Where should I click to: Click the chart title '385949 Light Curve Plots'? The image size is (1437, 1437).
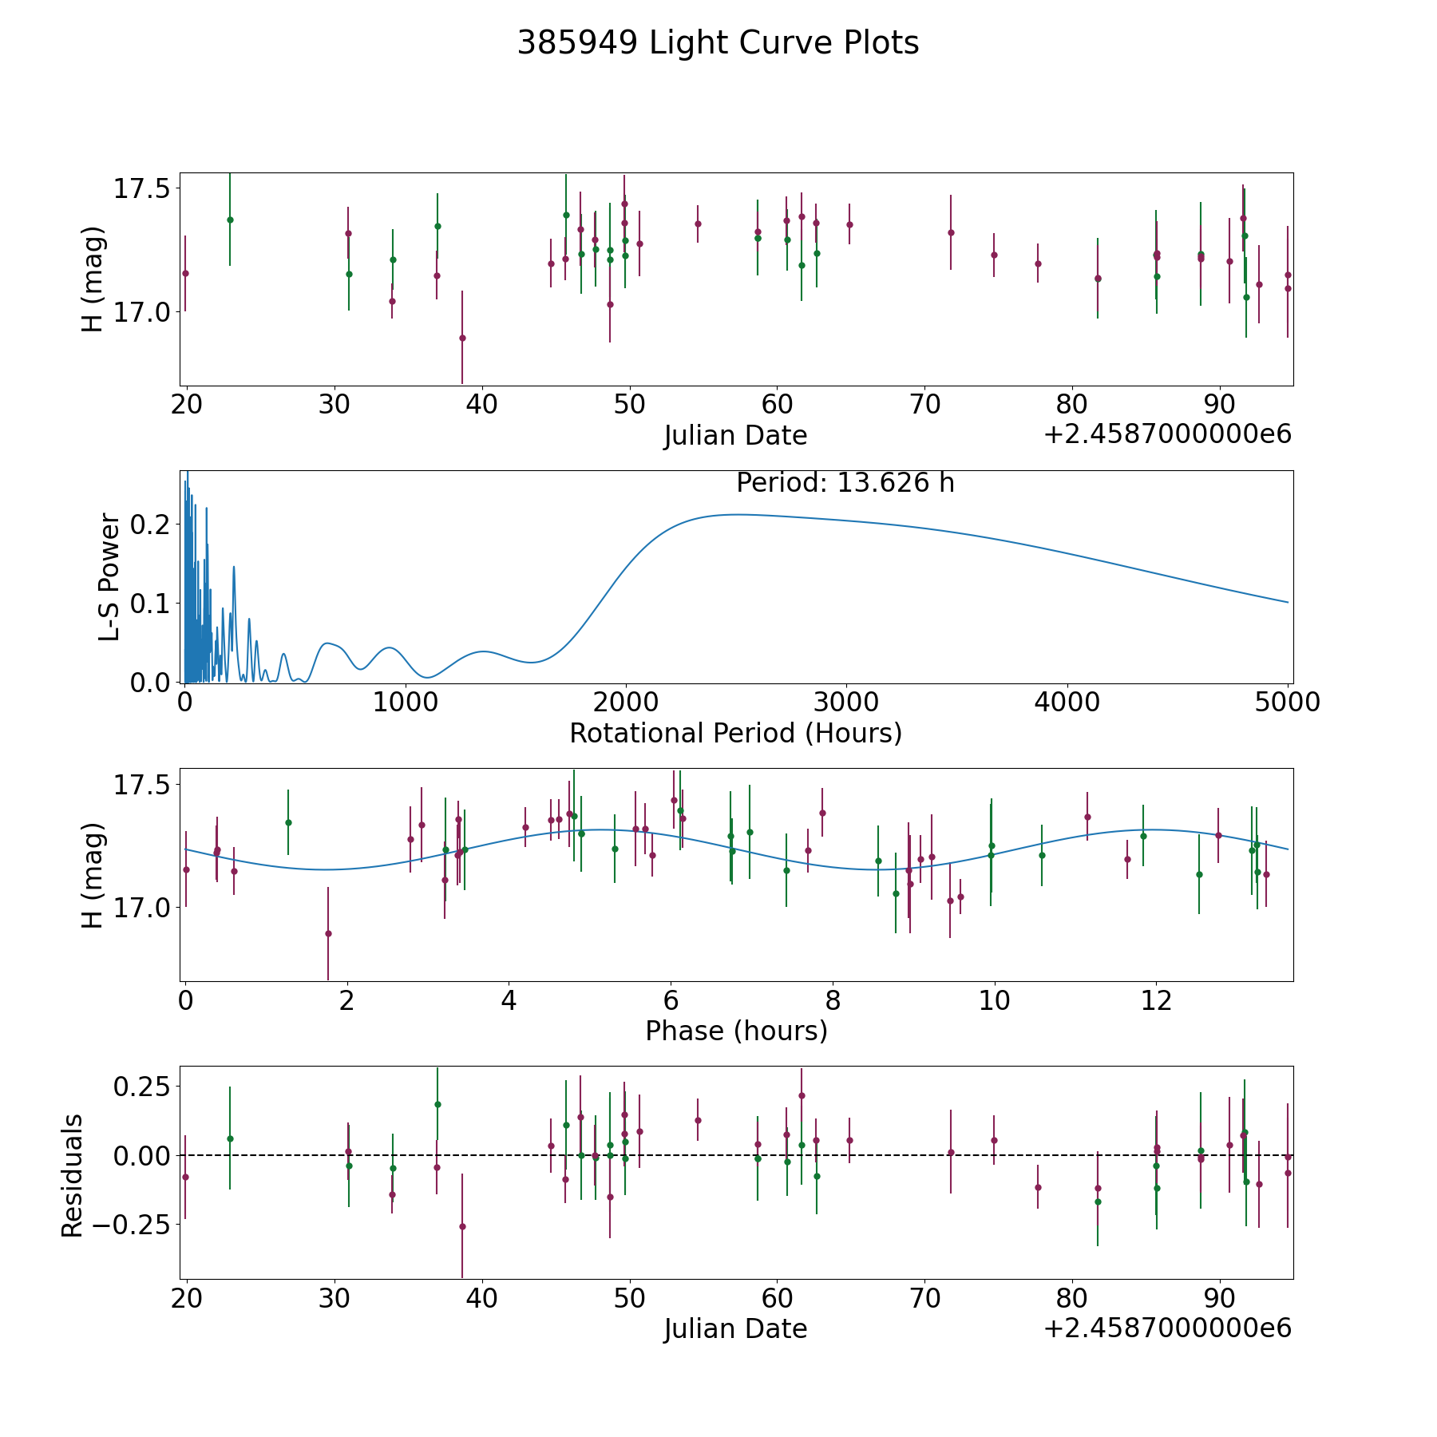click(x=718, y=43)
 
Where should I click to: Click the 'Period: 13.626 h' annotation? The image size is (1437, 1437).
click(x=845, y=483)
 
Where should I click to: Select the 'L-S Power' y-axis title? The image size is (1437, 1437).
click(x=109, y=576)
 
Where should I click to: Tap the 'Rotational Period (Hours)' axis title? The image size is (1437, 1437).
click(x=735, y=733)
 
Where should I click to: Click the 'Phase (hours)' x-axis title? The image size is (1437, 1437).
click(x=736, y=1031)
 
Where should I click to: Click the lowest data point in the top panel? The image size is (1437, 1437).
click(x=462, y=338)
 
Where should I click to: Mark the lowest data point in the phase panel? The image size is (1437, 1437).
click(x=328, y=933)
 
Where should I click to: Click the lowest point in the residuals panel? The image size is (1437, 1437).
click(x=462, y=1226)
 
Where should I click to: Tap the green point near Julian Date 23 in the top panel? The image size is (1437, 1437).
click(x=230, y=220)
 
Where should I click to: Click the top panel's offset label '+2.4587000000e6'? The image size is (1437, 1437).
click(x=1167, y=434)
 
